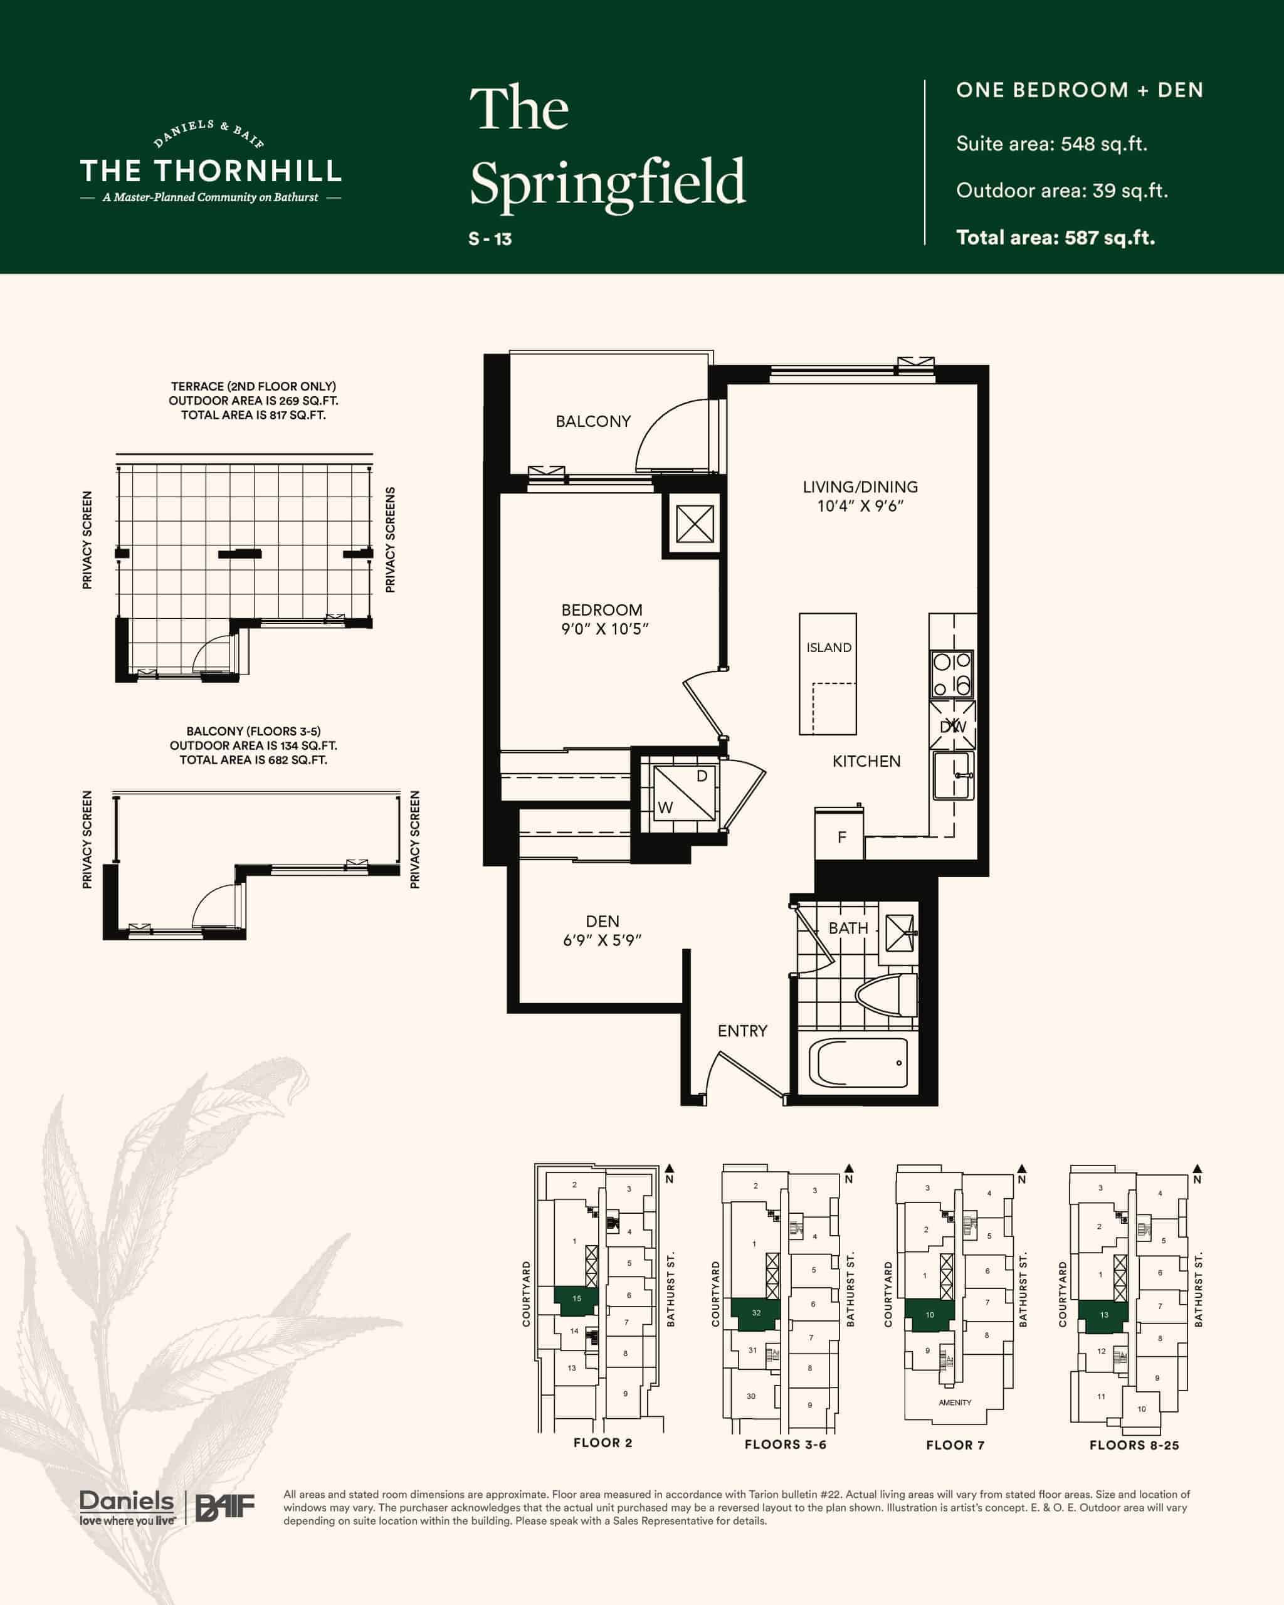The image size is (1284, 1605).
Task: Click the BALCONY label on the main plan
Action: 592,421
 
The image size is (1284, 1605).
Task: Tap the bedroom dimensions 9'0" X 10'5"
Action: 604,629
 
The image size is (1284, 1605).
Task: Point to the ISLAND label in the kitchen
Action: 828,648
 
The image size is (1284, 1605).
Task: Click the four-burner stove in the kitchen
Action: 952,674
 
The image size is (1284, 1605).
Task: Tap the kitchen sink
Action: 953,775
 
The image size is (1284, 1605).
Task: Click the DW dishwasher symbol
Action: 952,726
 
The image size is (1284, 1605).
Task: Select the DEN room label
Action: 602,922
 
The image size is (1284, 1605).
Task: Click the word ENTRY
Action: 742,1031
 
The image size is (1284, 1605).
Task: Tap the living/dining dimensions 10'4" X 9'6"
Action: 860,506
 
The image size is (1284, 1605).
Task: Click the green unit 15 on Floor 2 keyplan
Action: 576,1298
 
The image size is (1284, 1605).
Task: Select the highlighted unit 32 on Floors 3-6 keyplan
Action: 755,1313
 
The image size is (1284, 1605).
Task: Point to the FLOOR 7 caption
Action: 955,1445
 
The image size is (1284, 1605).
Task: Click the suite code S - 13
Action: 490,239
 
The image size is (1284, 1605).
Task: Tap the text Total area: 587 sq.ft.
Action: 1056,238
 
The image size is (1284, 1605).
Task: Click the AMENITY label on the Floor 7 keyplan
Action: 955,1402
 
